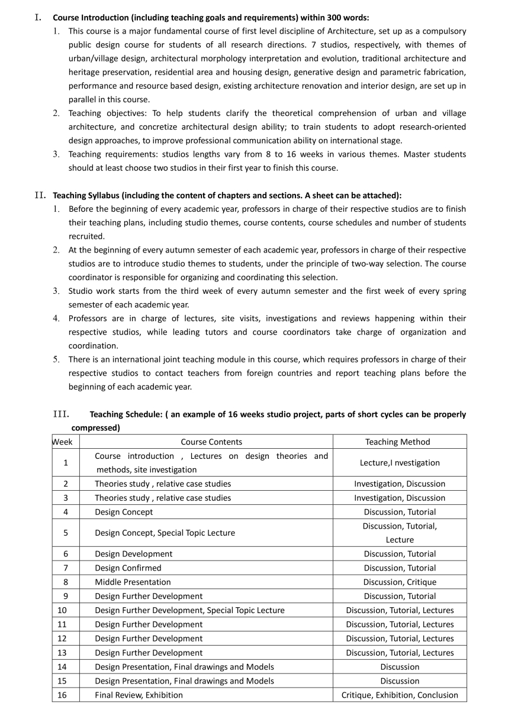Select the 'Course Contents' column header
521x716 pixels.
(211, 442)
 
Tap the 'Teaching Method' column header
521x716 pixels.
(397, 442)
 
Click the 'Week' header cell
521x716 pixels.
(63, 442)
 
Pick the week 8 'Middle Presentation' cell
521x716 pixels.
(133, 582)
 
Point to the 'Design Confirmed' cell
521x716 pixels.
(128, 568)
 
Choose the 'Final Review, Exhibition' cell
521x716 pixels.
(139, 695)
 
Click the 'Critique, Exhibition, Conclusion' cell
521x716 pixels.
(400, 695)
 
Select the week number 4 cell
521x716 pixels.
(65, 511)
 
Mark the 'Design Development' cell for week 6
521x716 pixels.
(134, 554)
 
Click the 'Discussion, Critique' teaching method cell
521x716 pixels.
(400, 582)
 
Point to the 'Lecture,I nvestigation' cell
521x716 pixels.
(400, 462)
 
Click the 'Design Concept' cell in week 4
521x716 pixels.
(124, 511)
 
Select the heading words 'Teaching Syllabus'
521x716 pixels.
(84, 195)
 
